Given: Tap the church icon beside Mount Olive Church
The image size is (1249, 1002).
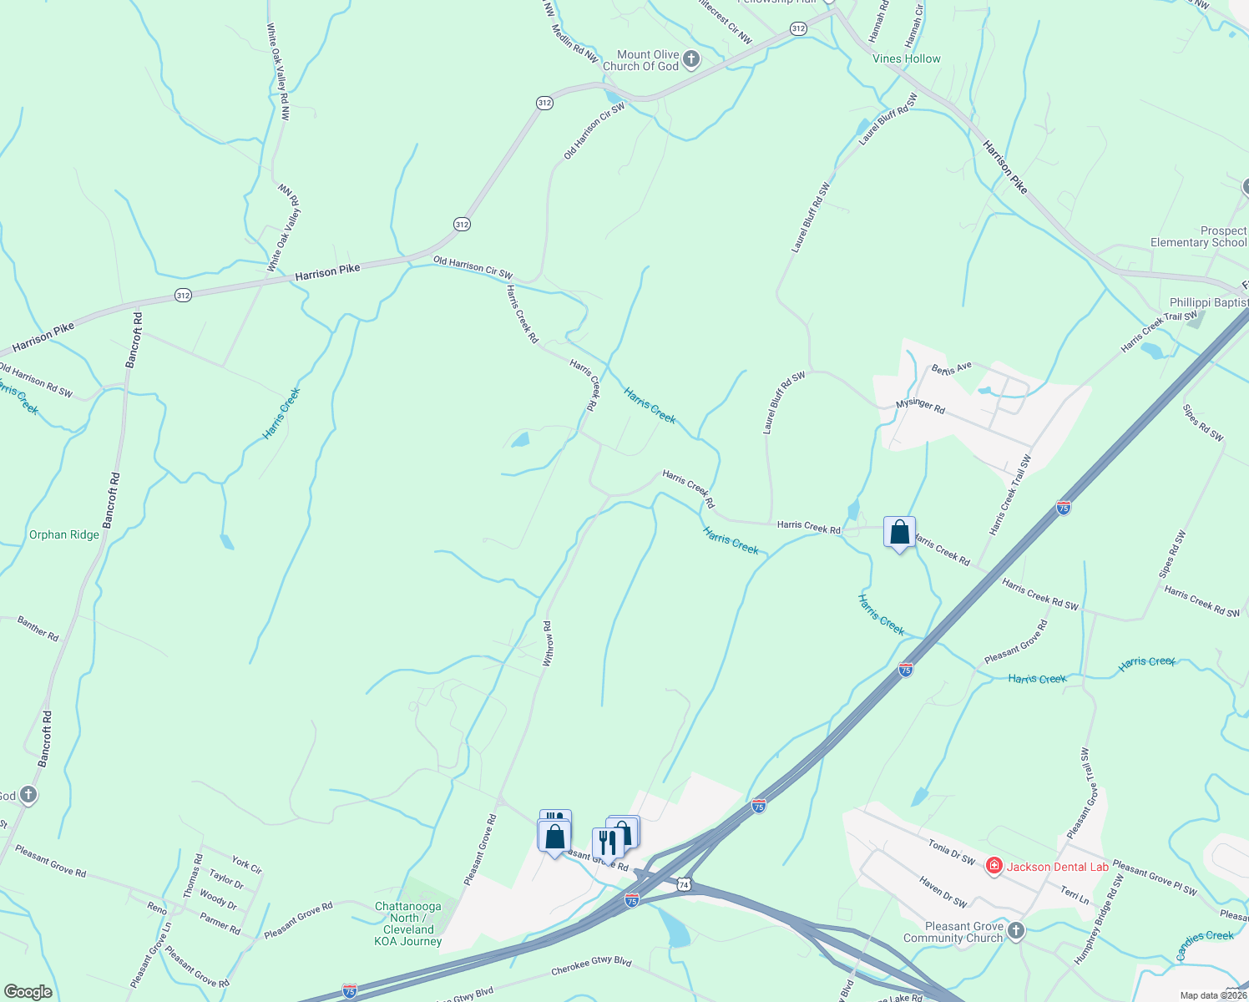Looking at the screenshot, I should tap(690, 59).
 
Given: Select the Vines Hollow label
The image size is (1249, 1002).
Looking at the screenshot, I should tap(906, 58).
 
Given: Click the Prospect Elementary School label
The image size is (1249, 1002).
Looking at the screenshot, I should tap(1198, 236).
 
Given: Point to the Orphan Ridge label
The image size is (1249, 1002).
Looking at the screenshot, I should tap(64, 534).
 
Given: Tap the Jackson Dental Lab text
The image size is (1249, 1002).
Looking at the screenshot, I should tap(1057, 867).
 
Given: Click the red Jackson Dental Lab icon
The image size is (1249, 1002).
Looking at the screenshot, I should tap(994, 866).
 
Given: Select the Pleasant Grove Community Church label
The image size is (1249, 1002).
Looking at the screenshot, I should tap(963, 932).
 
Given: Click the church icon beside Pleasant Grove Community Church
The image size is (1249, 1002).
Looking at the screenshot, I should tap(1015, 931).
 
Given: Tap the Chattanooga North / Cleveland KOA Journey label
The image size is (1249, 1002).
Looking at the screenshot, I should tap(408, 924).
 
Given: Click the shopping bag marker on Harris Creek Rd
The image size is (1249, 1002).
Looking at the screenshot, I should tap(899, 533).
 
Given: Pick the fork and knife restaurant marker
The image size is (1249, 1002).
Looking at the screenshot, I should tap(607, 843).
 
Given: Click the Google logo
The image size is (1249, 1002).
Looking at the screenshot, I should tap(28, 992).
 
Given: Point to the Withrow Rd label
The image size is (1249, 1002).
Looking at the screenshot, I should tap(548, 643).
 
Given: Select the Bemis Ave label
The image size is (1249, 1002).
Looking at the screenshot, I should tap(953, 367).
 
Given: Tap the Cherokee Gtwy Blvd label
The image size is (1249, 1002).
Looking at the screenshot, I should tap(591, 966).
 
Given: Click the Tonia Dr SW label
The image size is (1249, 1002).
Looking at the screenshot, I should tap(951, 852).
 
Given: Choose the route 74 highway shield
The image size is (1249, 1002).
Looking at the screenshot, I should tap(684, 884).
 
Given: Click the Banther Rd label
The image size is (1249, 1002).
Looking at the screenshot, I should tap(38, 628).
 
